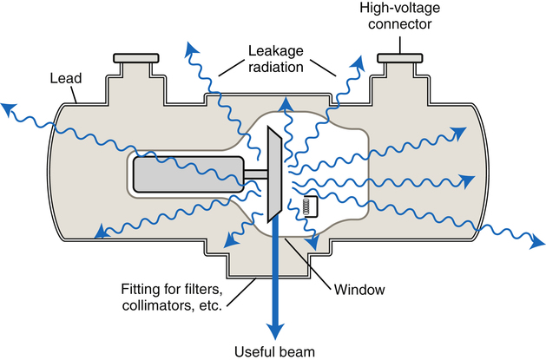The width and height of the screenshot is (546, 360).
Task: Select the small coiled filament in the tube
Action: [306, 207]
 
